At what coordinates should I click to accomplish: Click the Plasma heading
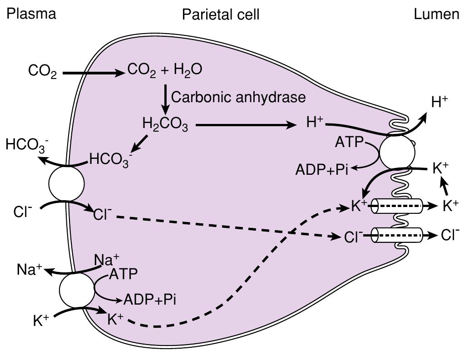pos(31,14)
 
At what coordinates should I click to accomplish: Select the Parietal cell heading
pos(221,15)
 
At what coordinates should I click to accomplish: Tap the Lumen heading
pos(436,15)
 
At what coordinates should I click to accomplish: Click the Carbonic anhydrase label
pos(239,97)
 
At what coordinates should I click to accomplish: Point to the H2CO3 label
pos(165,124)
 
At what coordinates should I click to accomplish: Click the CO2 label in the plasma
pos(42,72)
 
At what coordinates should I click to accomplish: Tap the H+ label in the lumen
pos(439,103)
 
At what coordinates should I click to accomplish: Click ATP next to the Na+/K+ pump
pos(123,274)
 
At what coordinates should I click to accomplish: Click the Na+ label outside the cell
pos(30,270)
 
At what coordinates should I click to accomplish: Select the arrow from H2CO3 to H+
pos(245,125)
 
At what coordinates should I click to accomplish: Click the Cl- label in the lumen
pos(450,235)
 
